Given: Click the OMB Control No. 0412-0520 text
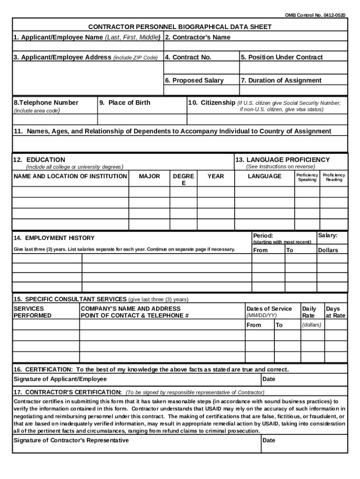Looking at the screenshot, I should point(316,15).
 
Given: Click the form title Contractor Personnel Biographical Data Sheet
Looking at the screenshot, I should point(180,27).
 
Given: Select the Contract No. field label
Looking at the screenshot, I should point(188,58).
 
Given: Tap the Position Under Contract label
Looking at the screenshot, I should point(281,58).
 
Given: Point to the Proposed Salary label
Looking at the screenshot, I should point(194,80).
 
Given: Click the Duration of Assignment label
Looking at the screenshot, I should point(281,80).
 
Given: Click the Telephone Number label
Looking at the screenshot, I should point(46,103).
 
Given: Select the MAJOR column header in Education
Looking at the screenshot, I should point(150,176).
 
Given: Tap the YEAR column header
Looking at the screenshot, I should point(216,176).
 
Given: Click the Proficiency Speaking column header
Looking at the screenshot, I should point(307,177).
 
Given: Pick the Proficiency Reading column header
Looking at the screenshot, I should point(334,177).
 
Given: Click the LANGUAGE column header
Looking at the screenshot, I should point(265,176).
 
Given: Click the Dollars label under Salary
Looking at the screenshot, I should point(328,250).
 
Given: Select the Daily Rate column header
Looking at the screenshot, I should point(309,312).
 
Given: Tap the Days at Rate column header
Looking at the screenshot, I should point(335,312).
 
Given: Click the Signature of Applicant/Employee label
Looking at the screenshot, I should point(60,379).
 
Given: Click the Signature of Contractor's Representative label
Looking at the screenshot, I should point(71,441).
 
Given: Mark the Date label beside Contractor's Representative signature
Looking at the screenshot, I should point(269,441).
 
